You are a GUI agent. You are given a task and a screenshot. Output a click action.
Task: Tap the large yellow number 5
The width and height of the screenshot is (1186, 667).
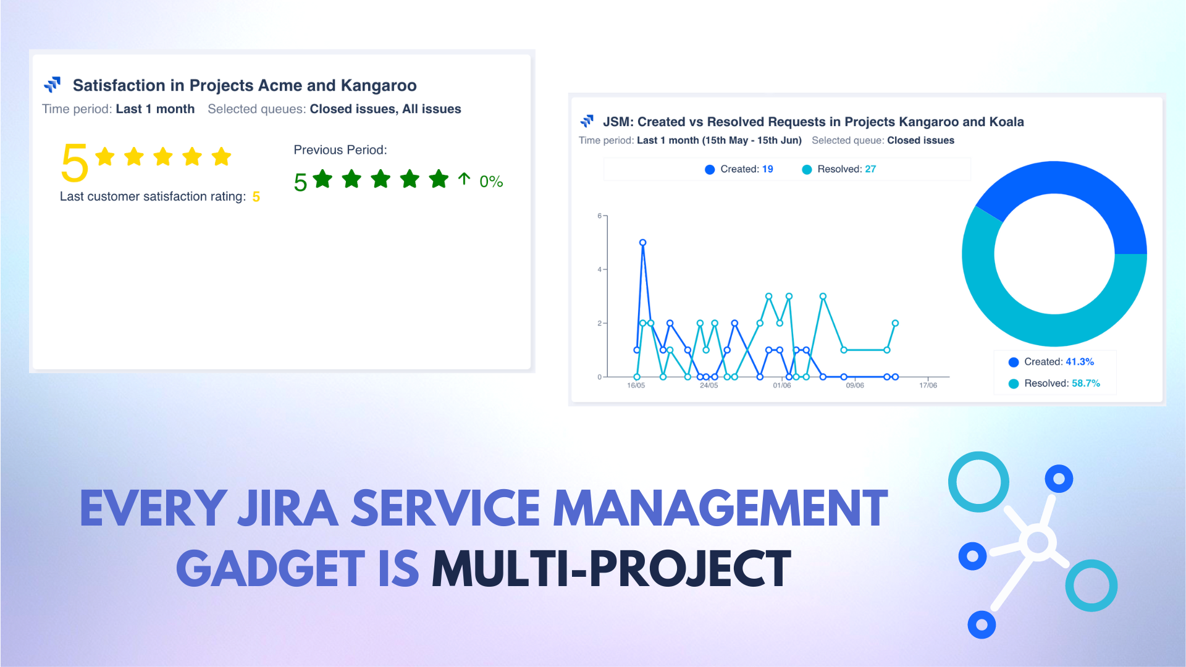click(x=74, y=163)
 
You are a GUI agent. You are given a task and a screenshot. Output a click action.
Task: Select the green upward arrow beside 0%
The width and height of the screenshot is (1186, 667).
click(x=464, y=179)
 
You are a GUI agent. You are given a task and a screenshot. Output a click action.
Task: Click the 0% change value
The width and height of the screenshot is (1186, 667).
click(x=491, y=182)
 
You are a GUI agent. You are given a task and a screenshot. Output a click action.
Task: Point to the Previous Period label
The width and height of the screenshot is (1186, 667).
click(x=340, y=150)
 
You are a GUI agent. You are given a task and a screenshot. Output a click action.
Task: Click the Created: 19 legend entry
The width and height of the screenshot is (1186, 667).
click(x=739, y=169)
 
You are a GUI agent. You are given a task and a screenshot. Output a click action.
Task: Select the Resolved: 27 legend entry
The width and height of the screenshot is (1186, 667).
click(x=839, y=169)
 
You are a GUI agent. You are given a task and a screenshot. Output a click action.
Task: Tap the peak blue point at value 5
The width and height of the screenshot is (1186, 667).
click(x=642, y=243)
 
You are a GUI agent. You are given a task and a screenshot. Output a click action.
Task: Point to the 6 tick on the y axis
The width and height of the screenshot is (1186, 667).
click(x=599, y=216)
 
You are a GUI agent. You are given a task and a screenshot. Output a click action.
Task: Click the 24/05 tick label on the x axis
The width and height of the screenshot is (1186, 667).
click(x=709, y=385)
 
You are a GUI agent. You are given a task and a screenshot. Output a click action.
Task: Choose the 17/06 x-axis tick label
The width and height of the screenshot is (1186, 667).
click(x=928, y=385)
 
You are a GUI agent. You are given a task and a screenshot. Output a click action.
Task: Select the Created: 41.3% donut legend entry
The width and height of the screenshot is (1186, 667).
click(x=1051, y=362)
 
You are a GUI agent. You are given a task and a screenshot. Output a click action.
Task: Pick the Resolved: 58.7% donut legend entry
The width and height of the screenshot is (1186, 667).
click(x=1054, y=384)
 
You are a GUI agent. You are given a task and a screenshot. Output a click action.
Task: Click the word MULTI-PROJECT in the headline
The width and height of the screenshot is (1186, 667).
click(x=611, y=569)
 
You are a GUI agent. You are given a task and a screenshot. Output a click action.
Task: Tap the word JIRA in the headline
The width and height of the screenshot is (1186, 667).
click(x=287, y=509)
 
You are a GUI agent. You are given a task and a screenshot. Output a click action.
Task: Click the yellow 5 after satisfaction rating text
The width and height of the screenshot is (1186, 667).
click(x=256, y=197)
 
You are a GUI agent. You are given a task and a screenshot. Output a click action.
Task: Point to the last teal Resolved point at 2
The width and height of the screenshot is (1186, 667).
click(x=895, y=323)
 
